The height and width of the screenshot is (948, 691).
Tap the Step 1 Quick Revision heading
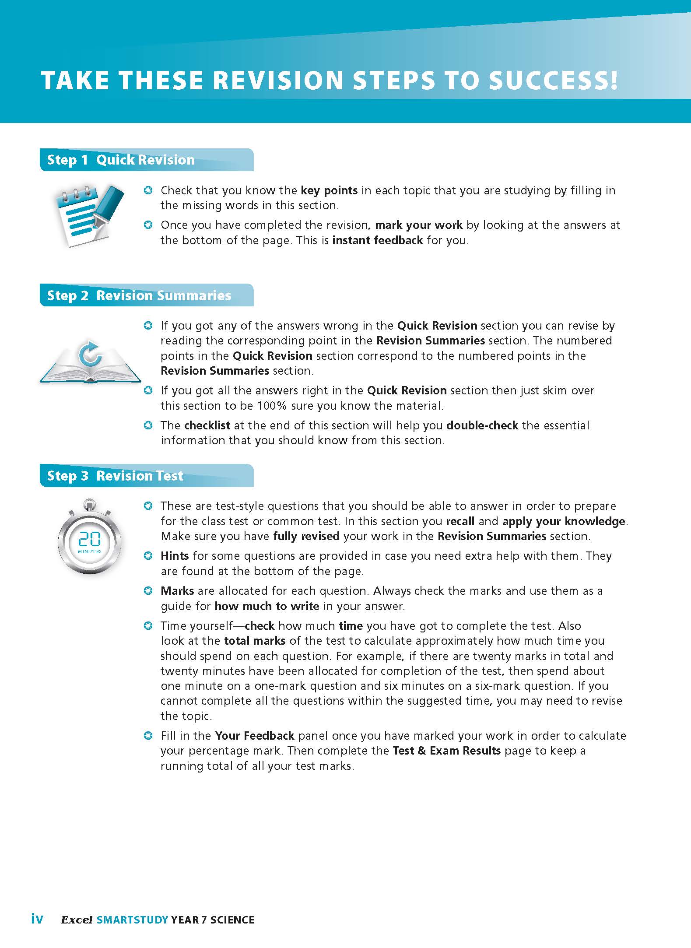coord(121,160)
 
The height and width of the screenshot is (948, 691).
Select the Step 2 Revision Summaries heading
coord(139,296)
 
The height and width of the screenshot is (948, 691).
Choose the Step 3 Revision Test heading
coord(115,476)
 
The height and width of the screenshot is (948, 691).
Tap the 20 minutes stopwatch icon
coord(90,538)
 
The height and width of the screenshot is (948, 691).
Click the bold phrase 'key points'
coord(329,191)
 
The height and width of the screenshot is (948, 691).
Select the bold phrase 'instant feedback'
coord(378,241)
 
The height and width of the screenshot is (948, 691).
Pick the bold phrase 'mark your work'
coord(419,225)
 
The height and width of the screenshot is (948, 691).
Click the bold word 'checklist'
coord(207,426)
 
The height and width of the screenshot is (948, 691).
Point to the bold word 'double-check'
coord(482,426)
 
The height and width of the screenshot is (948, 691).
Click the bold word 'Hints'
coord(175,556)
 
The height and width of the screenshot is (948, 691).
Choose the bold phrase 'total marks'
coord(255,641)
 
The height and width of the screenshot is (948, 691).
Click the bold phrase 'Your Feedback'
coord(254,736)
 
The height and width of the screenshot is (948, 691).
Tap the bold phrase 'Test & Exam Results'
coord(447,751)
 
